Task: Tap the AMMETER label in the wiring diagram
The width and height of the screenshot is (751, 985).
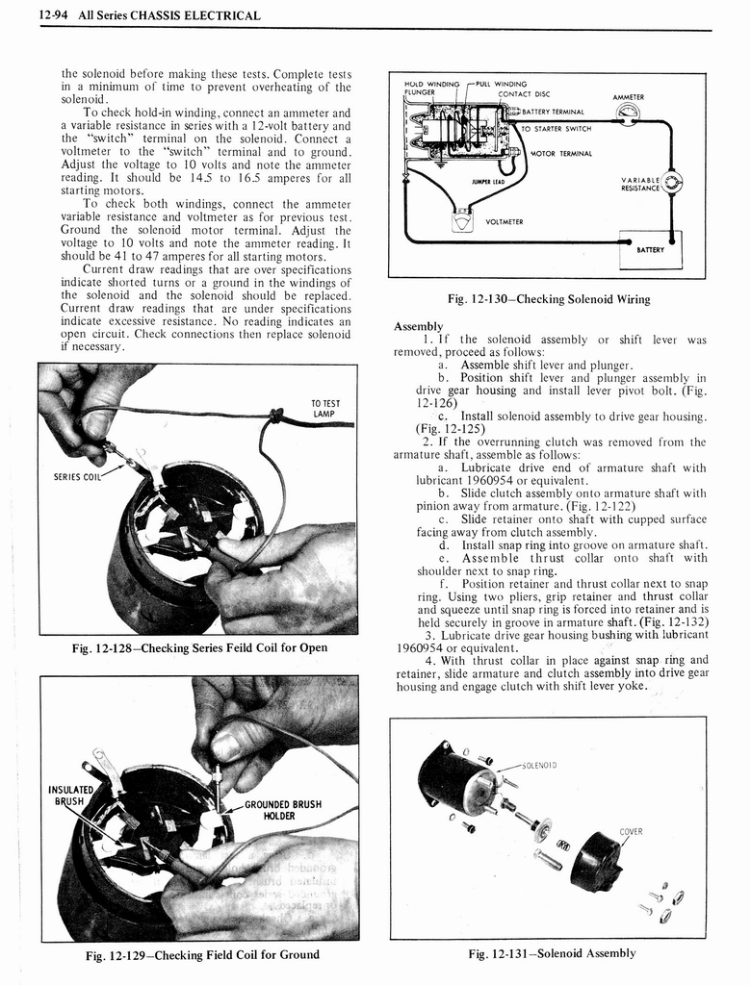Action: (628, 97)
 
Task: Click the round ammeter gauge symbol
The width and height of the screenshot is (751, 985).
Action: (628, 114)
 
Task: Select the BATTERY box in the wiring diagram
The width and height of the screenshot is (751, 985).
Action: (650, 249)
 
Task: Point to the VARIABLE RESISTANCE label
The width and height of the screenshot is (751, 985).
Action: (640, 184)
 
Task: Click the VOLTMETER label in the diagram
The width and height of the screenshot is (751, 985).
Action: (505, 221)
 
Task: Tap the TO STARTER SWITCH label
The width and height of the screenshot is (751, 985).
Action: (557, 128)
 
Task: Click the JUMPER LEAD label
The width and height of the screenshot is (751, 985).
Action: (488, 181)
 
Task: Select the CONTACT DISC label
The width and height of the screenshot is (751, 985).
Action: (524, 93)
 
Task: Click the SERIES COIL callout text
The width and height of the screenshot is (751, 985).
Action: (77, 475)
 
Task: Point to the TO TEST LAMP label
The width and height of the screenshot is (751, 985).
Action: (323, 409)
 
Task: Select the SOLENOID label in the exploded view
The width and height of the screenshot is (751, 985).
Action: (536, 766)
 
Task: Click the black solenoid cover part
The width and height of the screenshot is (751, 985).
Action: (594, 862)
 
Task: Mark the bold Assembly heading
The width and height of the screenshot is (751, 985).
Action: (418, 326)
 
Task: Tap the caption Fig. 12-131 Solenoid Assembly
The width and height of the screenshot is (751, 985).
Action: (552, 953)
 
